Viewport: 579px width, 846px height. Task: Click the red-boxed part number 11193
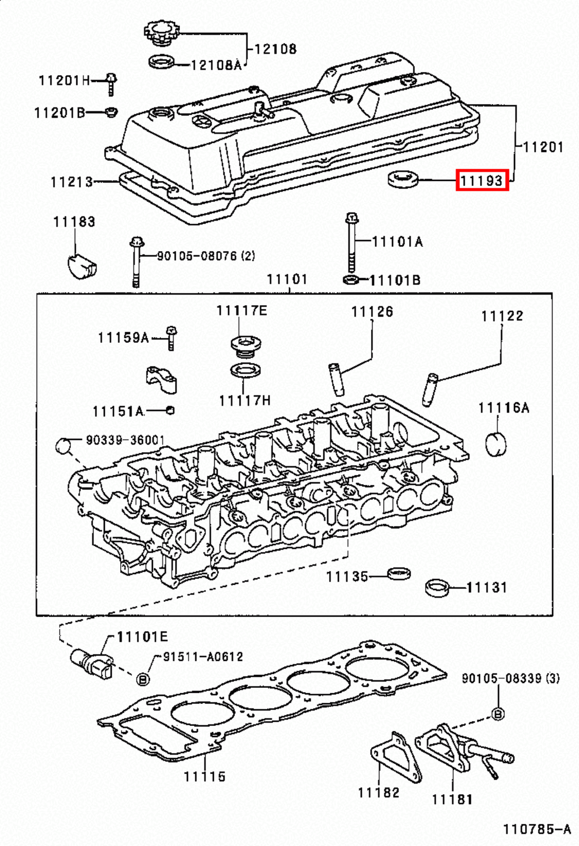(482, 180)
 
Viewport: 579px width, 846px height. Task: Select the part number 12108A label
(216, 65)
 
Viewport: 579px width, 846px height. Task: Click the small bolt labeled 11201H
(111, 84)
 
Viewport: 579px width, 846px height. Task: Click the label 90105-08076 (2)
(206, 256)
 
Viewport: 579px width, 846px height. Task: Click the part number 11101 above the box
(286, 279)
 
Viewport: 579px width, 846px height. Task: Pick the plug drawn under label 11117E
(246, 346)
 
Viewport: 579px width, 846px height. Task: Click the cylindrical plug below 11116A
(496, 443)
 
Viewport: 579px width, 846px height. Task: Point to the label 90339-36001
(125, 440)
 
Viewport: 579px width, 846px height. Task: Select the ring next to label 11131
(437, 588)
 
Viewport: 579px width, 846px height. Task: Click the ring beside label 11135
(399, 573)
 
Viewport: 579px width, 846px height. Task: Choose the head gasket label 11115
(204, 776)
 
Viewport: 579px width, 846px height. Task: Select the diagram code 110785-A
(536, 829)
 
